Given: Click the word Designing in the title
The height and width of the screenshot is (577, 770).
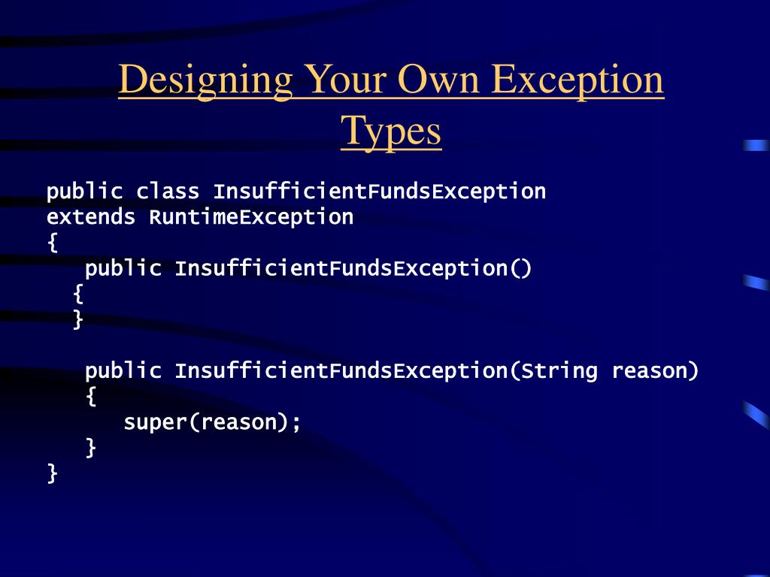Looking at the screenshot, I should tap(205, 80).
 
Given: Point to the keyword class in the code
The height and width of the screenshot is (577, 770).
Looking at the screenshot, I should tap(168, 192).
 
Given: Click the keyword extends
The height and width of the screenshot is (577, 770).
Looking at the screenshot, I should tap(91, 217).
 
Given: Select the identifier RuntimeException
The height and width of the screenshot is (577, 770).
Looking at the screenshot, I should tap(251, 217).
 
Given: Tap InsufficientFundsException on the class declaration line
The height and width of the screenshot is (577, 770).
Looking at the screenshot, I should tap(379, 192).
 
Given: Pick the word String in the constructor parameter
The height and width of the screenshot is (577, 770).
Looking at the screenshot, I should tap(559, 370).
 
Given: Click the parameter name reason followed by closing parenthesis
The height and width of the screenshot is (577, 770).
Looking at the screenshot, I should tap(655, 370).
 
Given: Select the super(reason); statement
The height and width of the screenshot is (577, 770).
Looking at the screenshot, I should tap(212, 422).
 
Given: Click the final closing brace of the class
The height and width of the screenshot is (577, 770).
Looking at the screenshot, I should tap(52, 473).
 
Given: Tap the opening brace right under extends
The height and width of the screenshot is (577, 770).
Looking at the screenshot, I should tap(52, 243).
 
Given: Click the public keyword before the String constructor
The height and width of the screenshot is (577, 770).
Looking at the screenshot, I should tap(123, 370).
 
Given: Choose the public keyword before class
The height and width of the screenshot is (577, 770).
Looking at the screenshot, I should tap(84, 192).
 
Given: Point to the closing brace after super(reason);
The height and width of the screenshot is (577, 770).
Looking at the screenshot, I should tap(91, 448).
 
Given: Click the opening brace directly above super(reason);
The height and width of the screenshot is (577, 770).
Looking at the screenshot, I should tap(91, 397).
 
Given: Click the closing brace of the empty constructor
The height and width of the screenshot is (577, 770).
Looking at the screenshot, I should tap(78, 320).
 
